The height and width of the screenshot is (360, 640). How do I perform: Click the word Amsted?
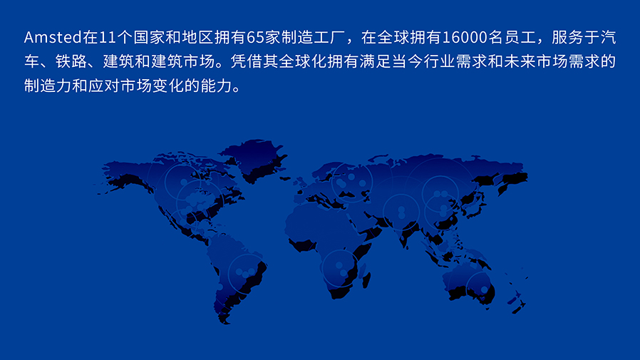(53, 37)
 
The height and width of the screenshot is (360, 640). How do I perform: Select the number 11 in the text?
(108, 37)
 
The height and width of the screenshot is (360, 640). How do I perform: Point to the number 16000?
(465, 37)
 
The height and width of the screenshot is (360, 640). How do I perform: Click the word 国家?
(149, 37)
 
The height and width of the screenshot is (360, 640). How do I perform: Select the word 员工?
(519, 37)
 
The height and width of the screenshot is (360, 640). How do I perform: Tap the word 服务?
(567, 37)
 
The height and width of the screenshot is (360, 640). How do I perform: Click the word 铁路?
(72, 61)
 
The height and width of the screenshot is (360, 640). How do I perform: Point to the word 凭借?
(246, 61)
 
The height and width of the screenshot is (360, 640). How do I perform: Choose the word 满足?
(375, 61)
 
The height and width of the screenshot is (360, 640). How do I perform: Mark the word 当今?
(407, 61)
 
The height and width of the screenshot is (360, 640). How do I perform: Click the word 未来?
(519, 61)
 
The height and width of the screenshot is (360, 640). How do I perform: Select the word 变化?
(168, 86)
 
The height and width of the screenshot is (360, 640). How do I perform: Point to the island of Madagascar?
(366, 280)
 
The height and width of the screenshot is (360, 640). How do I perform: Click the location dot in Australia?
(484, 290)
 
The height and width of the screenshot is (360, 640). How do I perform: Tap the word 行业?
(439, 61)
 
